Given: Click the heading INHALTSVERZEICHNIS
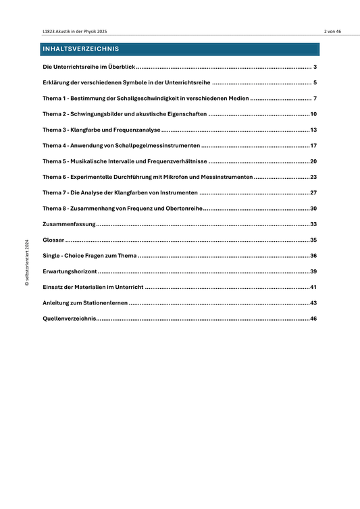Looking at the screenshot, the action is pyautogui.click(x=80, y=49).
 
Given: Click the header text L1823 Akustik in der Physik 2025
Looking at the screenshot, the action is pyautogui.click(x=74, y=32).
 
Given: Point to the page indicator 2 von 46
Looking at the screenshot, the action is pyautogui.click(x=332, y=32).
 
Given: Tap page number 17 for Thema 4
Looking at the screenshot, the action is pyautogui.click(x=313, y=146).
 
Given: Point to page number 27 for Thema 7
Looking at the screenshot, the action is pyautogui.click(x=313, y=192).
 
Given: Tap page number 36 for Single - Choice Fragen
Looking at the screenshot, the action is pyautogui.click(x=313, y=255).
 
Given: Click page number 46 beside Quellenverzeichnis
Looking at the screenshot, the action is pyautogui.click(x=313, y=318).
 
